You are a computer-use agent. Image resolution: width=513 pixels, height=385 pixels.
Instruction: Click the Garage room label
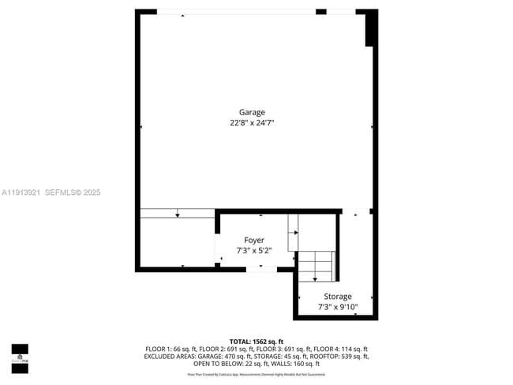tap(252, 112)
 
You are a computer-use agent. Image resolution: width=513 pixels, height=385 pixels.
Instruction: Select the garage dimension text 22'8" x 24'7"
tap(252, 123)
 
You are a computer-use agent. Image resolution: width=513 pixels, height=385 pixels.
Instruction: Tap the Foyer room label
tap(253, 240)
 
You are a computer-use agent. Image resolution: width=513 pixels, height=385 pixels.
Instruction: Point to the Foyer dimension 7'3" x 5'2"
tap(253, 251)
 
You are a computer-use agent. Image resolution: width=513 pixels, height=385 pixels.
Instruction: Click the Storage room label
tap(337, 297)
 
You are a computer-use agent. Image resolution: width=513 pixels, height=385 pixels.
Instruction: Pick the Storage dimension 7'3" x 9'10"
tap(337, 307)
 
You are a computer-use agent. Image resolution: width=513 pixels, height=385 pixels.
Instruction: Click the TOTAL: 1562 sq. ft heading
tap(256, 341)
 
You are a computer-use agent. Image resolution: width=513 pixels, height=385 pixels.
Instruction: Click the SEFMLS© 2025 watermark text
tap(73, 192)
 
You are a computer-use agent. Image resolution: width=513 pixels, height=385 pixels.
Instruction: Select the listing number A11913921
tap(21, 192)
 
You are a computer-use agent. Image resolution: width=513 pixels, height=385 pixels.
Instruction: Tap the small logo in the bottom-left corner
tap(20, 358)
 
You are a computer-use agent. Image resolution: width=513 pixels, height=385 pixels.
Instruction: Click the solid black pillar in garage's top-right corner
tap(369, 30)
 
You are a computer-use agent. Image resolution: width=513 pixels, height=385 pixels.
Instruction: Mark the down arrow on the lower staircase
tap(315, 277)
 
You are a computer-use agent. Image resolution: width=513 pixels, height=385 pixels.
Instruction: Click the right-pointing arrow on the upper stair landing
tap(295, 233)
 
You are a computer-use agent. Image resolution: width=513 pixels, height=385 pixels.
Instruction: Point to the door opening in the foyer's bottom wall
tap(261, 269)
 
